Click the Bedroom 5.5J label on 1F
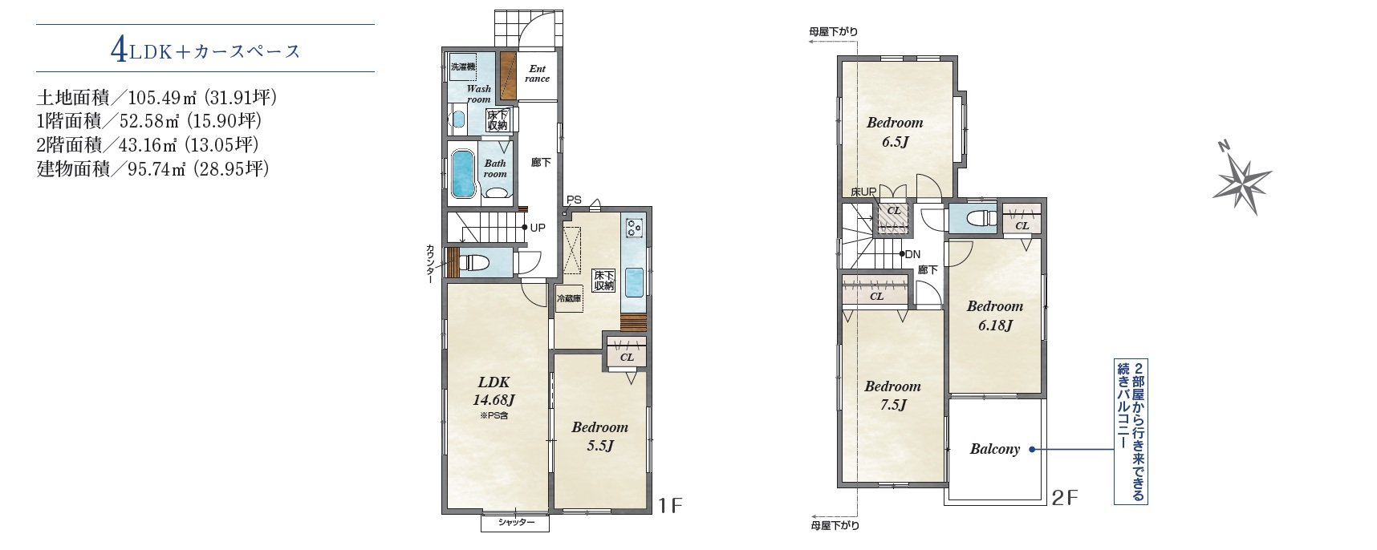(599, 437)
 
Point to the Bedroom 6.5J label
(895, 132)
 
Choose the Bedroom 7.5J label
(892, 395)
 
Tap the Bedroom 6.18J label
(994, 315)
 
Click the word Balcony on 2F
(994, 449)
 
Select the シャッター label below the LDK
(516, 524)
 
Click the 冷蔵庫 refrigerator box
(569, 298)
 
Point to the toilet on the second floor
(981, 219)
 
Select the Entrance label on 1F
(537, 74)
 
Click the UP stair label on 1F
(537, 228)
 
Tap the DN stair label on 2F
(912, 254)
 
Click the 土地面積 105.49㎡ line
(156, 99)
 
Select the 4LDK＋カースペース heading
(205, 51)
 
